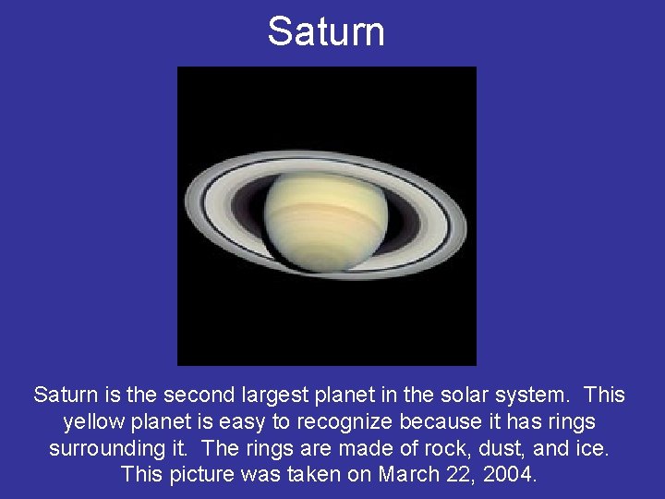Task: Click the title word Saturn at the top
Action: [x=326, y=31]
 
